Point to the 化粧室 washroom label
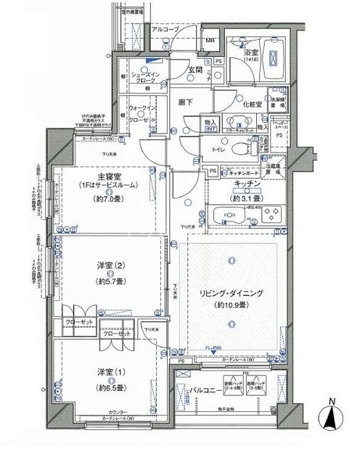click(x=252, y=105)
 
